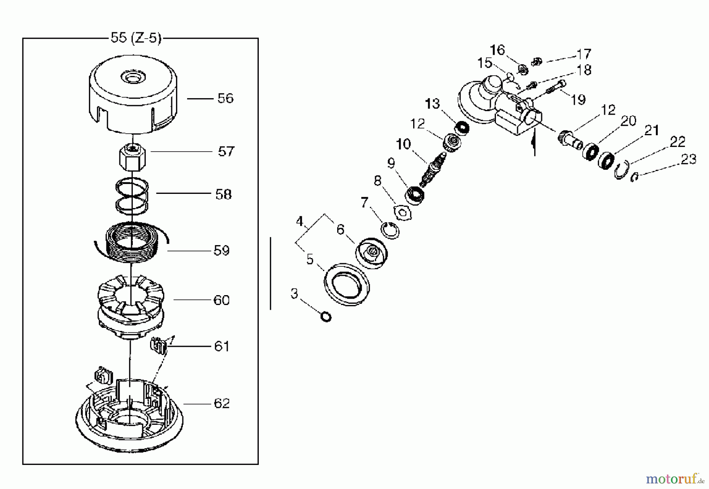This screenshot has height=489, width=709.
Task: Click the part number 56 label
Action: (x=225, y=98)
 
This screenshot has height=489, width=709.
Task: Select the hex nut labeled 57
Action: (x=132, y=157)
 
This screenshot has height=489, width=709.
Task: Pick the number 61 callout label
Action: (x=222, y=346)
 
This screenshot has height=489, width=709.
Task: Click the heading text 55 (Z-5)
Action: (x=135, y=38)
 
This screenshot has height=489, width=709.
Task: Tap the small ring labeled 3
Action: (x=326, y=316)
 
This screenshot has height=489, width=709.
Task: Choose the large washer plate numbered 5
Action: (x=347, y=284)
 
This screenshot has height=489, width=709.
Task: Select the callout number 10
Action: (x=403, y=144)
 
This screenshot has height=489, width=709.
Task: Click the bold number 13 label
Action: (x=432, y=104)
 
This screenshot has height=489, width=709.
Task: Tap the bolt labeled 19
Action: (x=556, y=87)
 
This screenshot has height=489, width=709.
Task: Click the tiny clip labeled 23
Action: (x=634, y=178)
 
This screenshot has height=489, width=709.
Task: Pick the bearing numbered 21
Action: (x=607, y=160)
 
